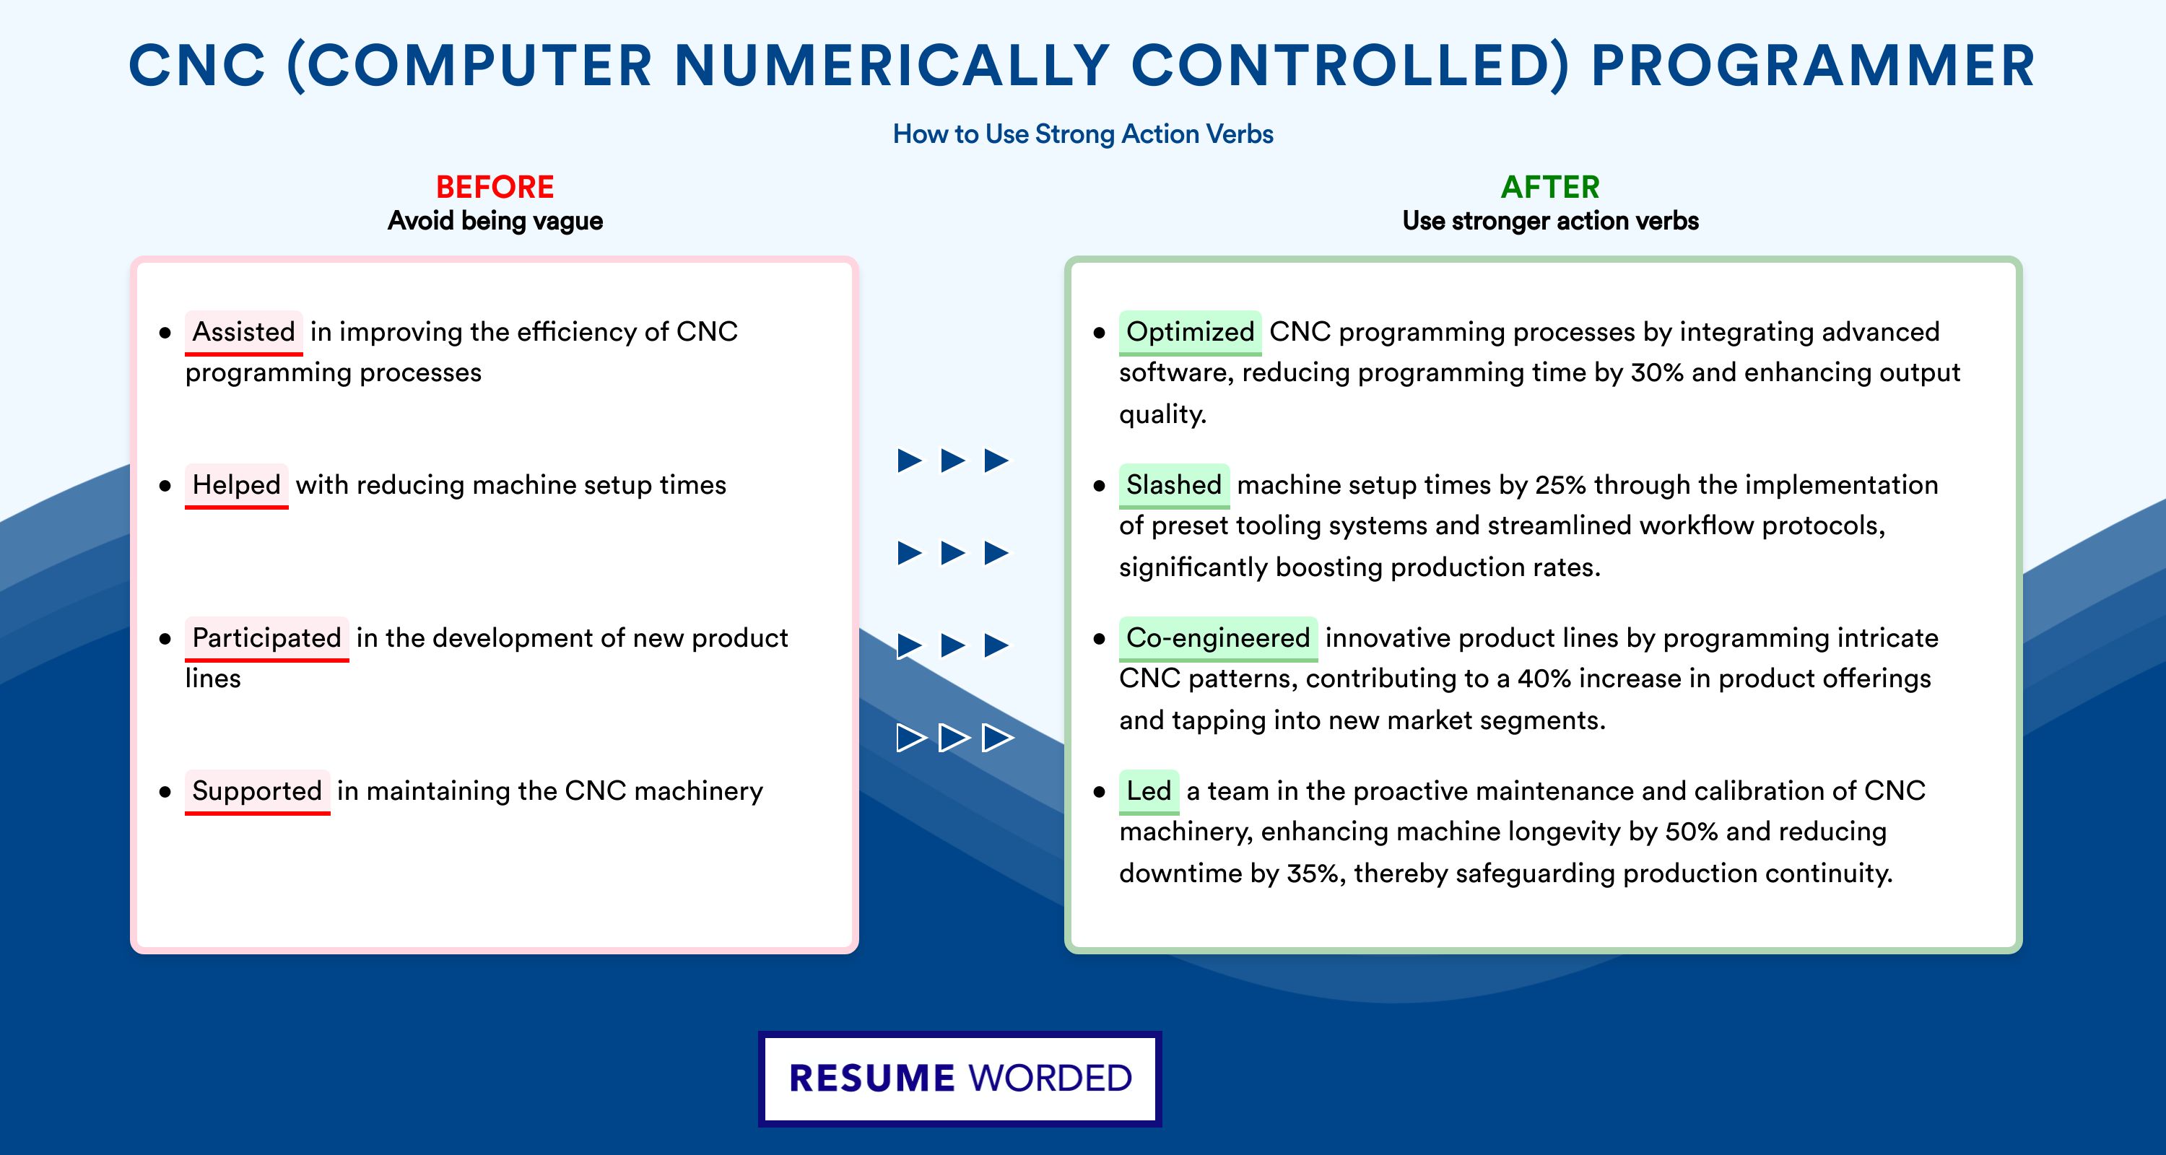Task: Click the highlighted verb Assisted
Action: tap(244, 332)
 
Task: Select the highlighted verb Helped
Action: tap(236, 485)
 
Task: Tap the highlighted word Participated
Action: tap(266, 638)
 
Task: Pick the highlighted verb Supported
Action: tap(257, 791)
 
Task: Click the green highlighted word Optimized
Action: tap(1190, 332)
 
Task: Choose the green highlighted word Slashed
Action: tap(1174, 485)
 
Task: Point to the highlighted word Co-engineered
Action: tap(1217, 638)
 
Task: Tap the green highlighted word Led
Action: tap(1149, 791)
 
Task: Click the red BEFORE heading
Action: tap(495, 187)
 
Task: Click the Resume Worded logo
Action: tap(960, 1078)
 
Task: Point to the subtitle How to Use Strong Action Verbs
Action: tap(1083, 134)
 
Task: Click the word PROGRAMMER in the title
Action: tap(1813, 66)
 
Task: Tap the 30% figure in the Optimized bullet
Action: tap(1656, 372)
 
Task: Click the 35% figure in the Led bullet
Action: tap(1313, 873)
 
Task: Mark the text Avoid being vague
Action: tap(495, 221)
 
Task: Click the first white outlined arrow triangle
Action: tap(910, 738)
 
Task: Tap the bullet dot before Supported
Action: tap(165, 792)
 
